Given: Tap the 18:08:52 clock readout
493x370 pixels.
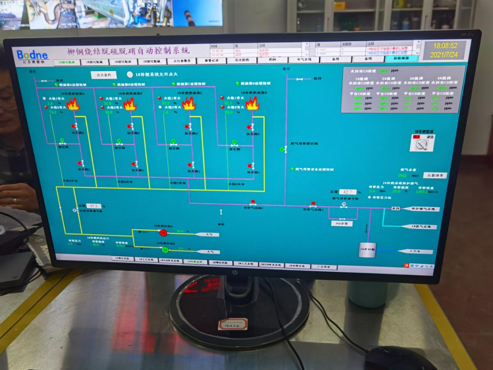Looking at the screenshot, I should click(x=445, y=45).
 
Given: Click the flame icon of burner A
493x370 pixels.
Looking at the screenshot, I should click(x=73, y=104).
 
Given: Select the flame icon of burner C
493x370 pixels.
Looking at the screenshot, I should click(x=188, y=103).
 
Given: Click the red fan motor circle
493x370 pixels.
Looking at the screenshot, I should click(x=163, y=233).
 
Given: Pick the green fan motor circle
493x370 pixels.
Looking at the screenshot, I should click(x=165, y=249).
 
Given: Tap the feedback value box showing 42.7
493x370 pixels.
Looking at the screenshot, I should click(x=348, y=192).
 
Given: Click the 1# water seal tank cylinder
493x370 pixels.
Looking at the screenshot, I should click(x=367, y=249).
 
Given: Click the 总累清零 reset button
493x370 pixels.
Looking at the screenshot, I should click(x=434, y=176).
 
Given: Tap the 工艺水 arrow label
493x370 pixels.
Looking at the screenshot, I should click(x=414, y=252).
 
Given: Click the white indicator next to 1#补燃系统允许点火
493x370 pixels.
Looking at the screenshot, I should click(x=130, y=74).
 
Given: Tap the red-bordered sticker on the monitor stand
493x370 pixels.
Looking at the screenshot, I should click(x=233, y=324).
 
